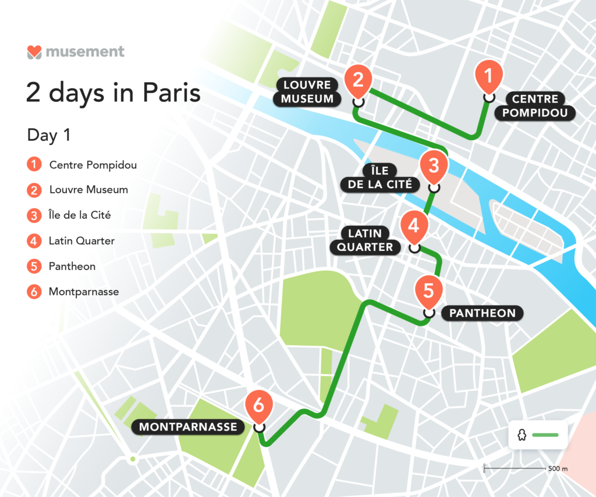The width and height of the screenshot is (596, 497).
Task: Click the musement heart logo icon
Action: pyautogui.click(x=34, y=52)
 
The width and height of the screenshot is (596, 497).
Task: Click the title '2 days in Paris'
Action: pyautogui.click(x=113, y=93)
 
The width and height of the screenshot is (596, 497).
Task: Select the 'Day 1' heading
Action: pyautogui.click(x=49, y=135)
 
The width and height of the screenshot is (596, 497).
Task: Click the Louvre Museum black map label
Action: pyautogui.click(x=307, y=92)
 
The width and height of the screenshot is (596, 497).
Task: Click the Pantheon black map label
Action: pyautogui.click(x=482, y=313)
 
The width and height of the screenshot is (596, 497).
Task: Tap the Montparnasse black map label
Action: pyautogui.click(x=189, y=427)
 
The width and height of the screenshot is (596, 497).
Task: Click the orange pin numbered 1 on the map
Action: pyautogui.click(x=488, y=77)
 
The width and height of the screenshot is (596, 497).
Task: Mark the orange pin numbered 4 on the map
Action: pyautogui.click(x=414, y=226)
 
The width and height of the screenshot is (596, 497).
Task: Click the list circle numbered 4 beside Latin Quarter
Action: pyautogui.click(x=34, y=240)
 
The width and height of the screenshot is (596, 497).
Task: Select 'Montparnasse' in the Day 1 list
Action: pyautogui.click(x=84, y=292)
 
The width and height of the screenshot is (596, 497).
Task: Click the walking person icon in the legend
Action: pyautogui.click(x=522, y=435)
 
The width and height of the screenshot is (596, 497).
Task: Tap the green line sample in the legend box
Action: pyautogui.click(x=545, y=435)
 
